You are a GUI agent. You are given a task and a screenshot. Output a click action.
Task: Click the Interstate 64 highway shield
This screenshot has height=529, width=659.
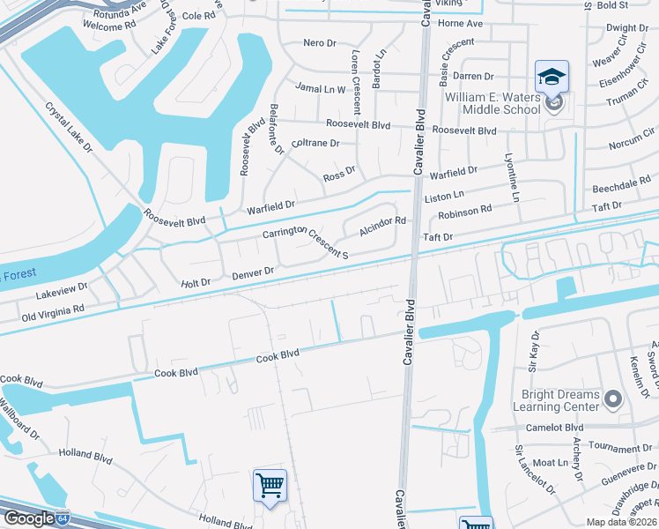point(63,517)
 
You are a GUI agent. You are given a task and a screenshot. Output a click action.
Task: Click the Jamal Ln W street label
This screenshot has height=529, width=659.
point(321,88)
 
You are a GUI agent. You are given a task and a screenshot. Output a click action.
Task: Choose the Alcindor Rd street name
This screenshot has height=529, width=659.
point(381,227)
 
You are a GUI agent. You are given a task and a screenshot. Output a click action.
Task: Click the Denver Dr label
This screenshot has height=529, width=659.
point(254,275)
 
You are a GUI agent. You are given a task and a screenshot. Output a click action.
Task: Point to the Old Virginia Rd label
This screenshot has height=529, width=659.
point(53,311)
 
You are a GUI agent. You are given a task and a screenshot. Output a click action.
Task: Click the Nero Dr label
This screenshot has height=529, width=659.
point(320,42)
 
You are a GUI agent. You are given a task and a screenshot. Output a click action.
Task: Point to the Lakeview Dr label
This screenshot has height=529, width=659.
point(62,287)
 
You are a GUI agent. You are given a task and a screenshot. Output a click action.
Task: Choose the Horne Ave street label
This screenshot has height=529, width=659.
point(461,23)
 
